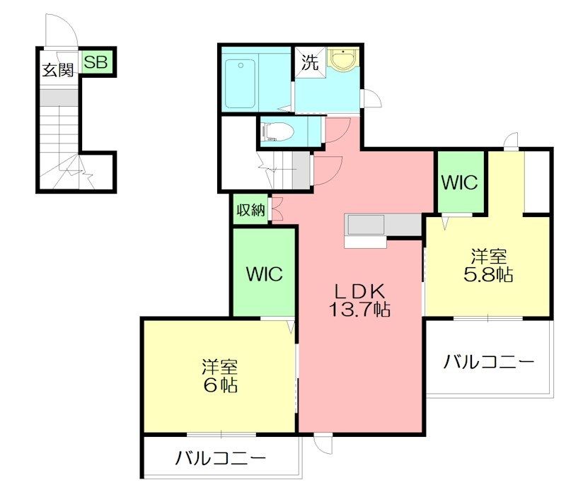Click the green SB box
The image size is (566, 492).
(96, 61)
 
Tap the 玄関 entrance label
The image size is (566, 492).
(58, 70)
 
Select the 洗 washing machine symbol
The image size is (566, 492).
(310, 61)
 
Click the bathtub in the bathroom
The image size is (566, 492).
(240, 83)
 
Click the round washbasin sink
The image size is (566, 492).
(343, 61)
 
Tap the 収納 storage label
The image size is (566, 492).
(250, 210)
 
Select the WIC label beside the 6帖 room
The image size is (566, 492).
(264, 274)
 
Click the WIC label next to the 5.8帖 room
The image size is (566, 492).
(459, 182)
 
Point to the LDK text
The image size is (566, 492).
(359, 290)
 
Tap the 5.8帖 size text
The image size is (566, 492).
(488, 275)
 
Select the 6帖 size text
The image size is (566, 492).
(220, 386)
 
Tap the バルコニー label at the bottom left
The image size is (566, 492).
(221, 457)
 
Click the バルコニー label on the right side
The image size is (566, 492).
(488, 363)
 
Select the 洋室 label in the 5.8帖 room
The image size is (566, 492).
(488, 256)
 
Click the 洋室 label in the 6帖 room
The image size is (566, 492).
(220, 367)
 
